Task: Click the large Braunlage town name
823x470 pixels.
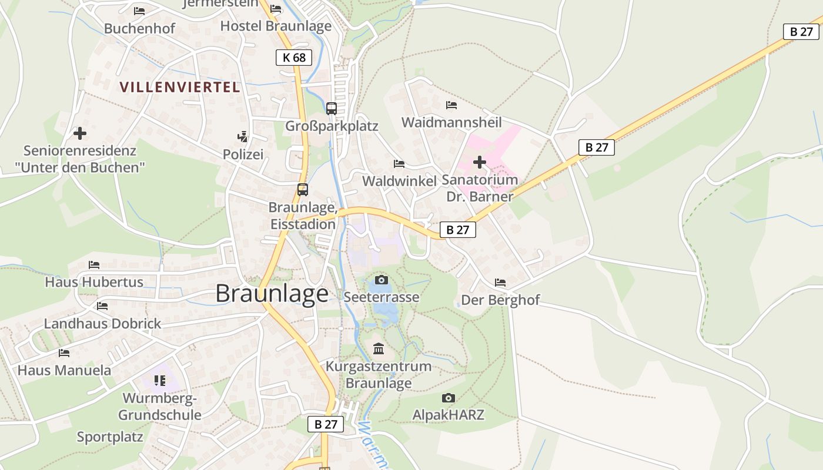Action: click(x=272, y=293)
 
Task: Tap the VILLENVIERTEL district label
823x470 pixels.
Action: click(x=180, y=88)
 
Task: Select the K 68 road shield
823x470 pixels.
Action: click(x=293, y=57)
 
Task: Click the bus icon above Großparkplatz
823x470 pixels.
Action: click(x=332, y=109)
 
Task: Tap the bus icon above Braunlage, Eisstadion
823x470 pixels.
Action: click(x=303, y=190)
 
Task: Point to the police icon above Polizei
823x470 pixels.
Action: click(x=242, y=137)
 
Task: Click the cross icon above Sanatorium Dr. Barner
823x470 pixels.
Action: click(x=480, y=162)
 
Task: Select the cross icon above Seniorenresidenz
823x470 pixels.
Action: click(x=80, y=133)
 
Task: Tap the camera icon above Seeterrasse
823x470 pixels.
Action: click(x=382, y=280)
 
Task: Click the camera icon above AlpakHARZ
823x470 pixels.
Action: click(x=449, y=398)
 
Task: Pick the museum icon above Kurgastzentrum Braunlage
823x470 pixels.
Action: click(x=379, y=350)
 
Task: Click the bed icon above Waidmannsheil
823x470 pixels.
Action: click(x=451, y=105)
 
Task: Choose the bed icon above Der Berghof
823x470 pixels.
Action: click(x=500, y=283)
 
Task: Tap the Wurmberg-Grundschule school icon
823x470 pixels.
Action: click(x=160, y=381)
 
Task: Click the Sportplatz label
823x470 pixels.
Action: click(x=110, y=437)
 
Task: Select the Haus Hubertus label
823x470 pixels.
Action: click(x=94, y=282)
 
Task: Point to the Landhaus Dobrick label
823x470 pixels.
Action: click(x=102, y=324)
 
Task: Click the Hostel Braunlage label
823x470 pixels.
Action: click(x=276, y=26)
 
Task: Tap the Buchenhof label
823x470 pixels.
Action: click(x=139, y=28)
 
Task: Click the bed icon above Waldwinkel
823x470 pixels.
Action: click(x=399, y=163)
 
